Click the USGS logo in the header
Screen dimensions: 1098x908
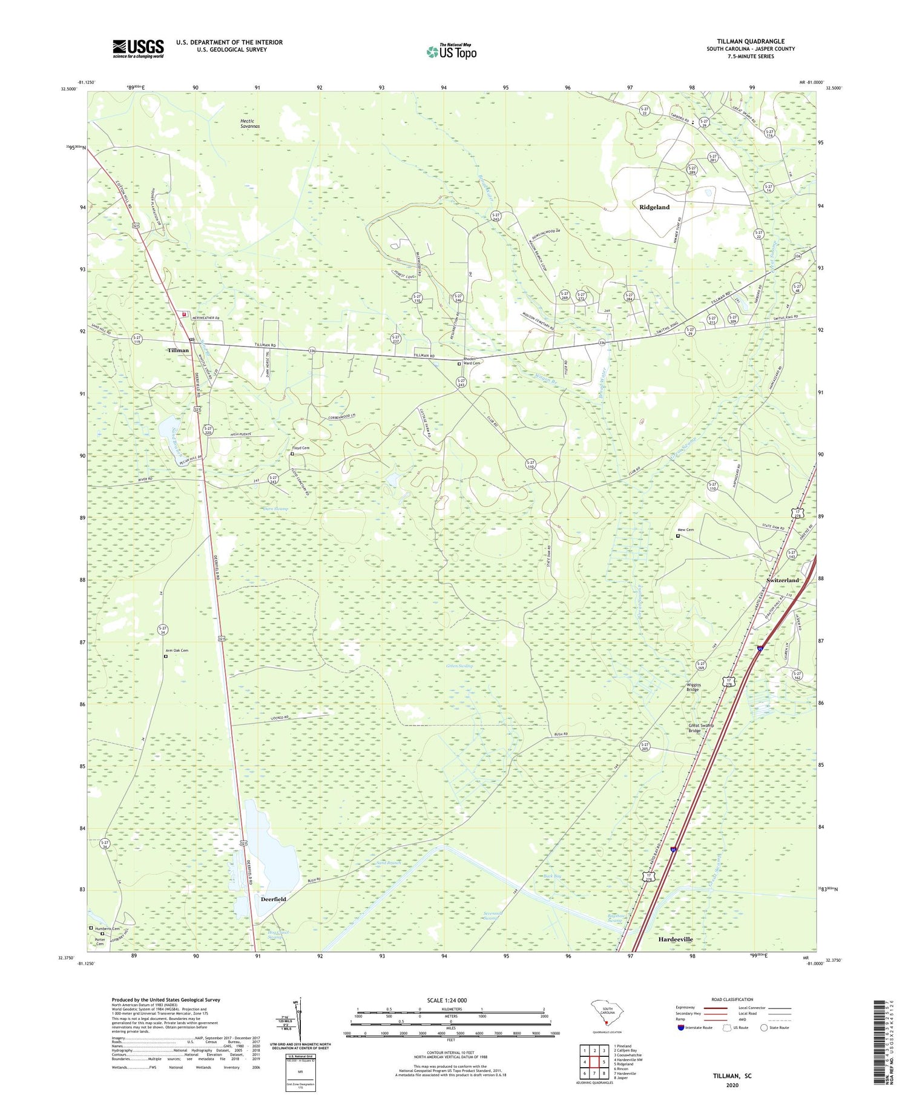(138, 48)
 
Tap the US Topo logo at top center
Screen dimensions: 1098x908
(451, 51)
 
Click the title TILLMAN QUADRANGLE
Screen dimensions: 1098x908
(750, 41)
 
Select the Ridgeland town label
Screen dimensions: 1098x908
(654, 207)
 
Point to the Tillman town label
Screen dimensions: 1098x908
(178, 350)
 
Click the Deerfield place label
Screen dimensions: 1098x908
(273, 899)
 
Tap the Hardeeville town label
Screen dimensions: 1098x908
(675, 939)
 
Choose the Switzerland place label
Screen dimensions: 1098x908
(783, 580)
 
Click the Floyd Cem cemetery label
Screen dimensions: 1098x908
(301, 448)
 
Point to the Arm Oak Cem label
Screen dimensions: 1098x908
(176, 650)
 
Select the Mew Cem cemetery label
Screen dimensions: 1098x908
(685, 530)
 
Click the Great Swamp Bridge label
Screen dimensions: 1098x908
(700, 728)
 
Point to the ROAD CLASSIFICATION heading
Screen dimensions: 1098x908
(732, 999)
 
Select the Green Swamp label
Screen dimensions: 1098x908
(459, 666)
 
